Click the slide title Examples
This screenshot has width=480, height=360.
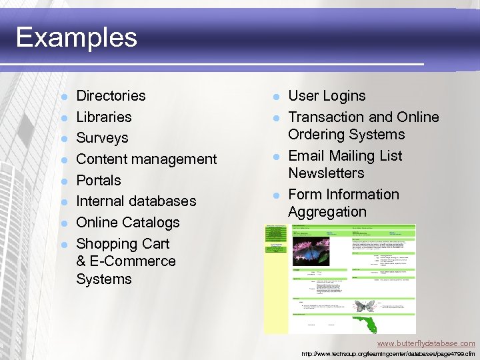tap(76, 37)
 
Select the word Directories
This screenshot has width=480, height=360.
tap(111, 96)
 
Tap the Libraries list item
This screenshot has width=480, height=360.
tap(104, 117)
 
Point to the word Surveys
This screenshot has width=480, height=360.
tap(102, 138)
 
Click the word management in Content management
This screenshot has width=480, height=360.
tap(174, 159)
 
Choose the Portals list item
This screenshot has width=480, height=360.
tap(99, 181)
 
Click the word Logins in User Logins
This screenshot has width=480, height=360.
tap(344, 96)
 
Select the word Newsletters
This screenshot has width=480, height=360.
tap(326, 173)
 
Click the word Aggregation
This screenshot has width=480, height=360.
tap(327, 212)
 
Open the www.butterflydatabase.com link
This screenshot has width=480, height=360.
tap(426, 343)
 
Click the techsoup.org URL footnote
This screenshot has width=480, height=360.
tap(388, 353)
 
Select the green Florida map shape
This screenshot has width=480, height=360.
tap(367, 325)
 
